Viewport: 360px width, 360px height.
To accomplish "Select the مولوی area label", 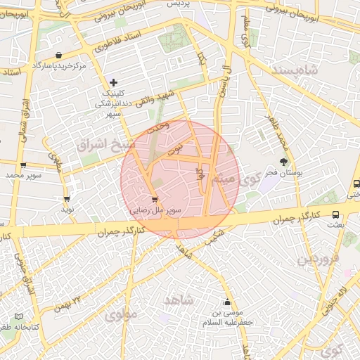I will click(120, 316).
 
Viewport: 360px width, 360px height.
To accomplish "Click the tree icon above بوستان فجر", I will click(285, 162).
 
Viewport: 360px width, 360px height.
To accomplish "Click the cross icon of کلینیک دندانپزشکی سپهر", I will click(114, 83).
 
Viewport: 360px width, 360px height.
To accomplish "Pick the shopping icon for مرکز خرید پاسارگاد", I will click(58, 55).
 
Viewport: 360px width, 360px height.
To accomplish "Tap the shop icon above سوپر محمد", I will click(24, 166).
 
